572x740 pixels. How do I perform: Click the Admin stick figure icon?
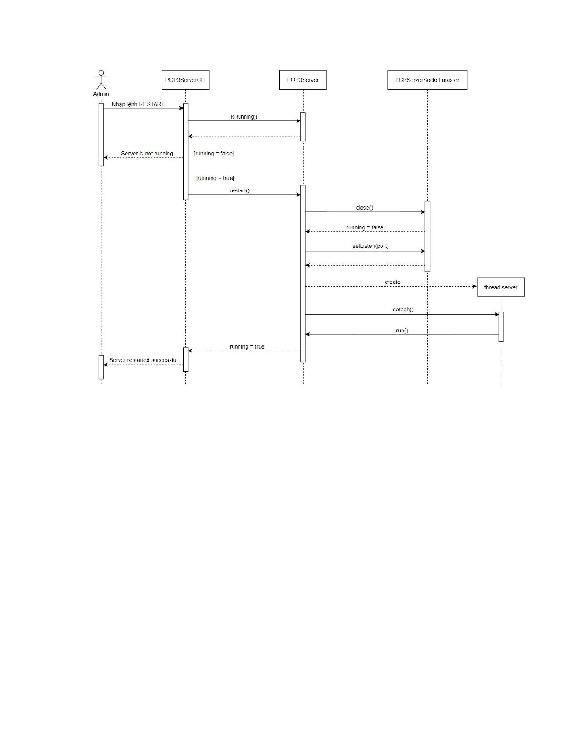pyautogui.click(x=101, y=80)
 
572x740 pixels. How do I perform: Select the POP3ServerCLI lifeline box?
pyautogui.click(x=185, y=80)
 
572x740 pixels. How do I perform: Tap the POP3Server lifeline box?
pyautogui.click(x=303, y=80)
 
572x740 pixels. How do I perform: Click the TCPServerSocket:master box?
pyautogui.click(x=427, y=80)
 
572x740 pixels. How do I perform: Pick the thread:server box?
pyautogui.click(x=501, y=288)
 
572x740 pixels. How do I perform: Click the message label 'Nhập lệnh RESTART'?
pyautogui.click(x=138, y=104)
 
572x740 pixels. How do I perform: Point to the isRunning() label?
pyautogui.click(x=244, y=117)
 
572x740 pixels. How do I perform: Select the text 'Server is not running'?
pyautogui.click(x=147, y=154)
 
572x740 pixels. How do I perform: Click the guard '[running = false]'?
pyautogui.click(x=214, y=154)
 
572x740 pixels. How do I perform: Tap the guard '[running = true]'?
pyautogui.click(x=215, y=178)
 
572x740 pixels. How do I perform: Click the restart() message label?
pyautogui.click(x=240, y=190)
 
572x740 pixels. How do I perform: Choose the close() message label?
pyautogui.click(x=365, y=208)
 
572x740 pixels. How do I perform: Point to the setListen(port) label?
pyautogui.click(x=370, y=246)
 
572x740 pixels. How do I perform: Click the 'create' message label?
pyautogui.click(x=393, y=282)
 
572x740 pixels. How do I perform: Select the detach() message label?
pyautogui.click(x=403, y=310)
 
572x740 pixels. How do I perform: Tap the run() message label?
pyautogui.click(x=402, y=331)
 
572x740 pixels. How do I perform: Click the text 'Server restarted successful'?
pyautogui.click(x=143, y=360)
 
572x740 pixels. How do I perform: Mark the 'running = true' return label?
pyautogui.click(x=247, y=347)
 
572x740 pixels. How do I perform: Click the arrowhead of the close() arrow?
pyautogui.click(x=423, y=212)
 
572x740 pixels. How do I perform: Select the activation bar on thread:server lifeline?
pyautogui.click(x=501, y=327)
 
